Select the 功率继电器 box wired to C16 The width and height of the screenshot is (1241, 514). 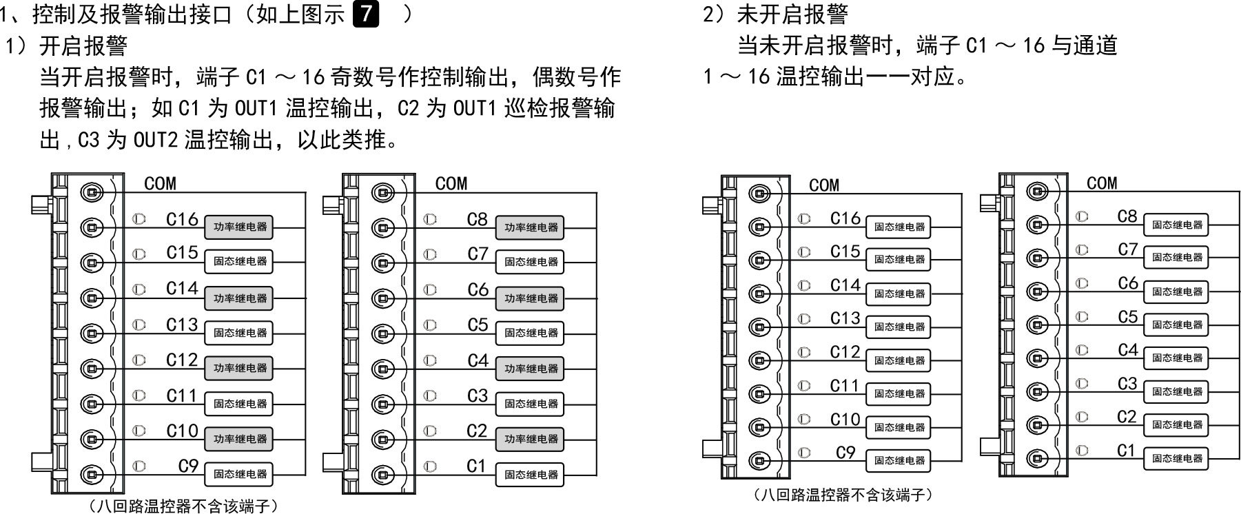pyautogui.click(x=239, y=227)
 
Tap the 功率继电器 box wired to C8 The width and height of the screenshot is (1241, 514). pyautogui.click(x=530, y=227)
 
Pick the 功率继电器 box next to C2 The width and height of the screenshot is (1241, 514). pyautogui.click(x=530, y=440)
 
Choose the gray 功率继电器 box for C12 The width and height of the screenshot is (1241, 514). pyautogui.click(x=239, y=369)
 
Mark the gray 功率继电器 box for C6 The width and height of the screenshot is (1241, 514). pyautogui.click(x=530, y=298)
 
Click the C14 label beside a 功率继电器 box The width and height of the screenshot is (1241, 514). pyautogui.click(x=182, y=289)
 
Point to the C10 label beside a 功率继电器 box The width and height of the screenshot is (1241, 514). pyautogui.click(x=182, y=431)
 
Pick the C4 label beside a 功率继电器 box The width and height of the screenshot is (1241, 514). pyautogui.click(x=478, y=361)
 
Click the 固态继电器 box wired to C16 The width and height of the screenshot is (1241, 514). pyautogui.click(x=899, y=227)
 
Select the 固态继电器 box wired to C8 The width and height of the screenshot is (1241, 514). pyautogui.click(x=1176, y=225)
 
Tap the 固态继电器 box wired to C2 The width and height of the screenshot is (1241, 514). pyautogui.click(x=1176, y=425)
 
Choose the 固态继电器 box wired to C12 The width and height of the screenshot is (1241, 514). pyautogui.click(x=899, y=360)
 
